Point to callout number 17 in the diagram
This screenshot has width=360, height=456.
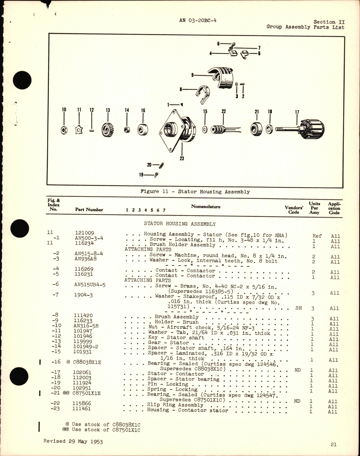297,112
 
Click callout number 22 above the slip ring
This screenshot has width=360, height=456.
224,111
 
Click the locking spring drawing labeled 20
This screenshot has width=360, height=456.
162,165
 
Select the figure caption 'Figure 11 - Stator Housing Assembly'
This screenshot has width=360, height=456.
195,192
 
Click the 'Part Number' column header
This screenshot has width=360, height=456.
89,210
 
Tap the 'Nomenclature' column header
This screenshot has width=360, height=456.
206,207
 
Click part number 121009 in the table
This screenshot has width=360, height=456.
84,233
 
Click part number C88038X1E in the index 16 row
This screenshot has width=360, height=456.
87,362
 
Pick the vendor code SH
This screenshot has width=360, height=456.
299,308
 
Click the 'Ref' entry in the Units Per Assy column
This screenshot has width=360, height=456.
317,236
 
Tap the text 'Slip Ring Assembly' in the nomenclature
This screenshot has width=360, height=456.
175,405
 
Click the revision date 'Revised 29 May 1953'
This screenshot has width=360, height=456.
73,441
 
